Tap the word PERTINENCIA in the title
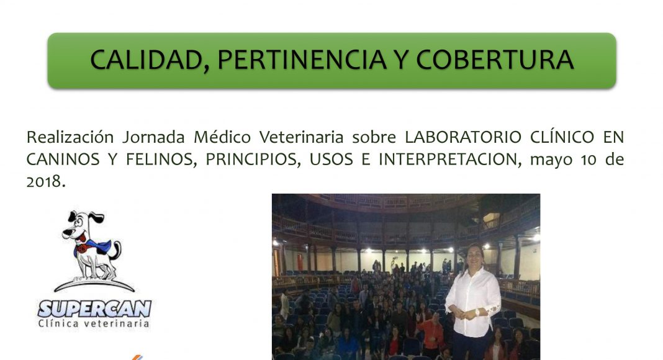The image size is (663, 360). pos(302,60)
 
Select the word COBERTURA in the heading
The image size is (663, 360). pos(495,60)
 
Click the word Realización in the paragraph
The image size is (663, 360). pos(70,137)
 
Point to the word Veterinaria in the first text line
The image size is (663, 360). pos(301,137)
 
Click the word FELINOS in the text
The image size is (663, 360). pos(161,160)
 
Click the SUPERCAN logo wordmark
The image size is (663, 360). pos(94,309)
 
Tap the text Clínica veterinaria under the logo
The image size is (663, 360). pos(94,323)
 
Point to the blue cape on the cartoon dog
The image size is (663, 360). pos(94,247)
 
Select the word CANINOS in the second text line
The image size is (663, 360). pos(63,160)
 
